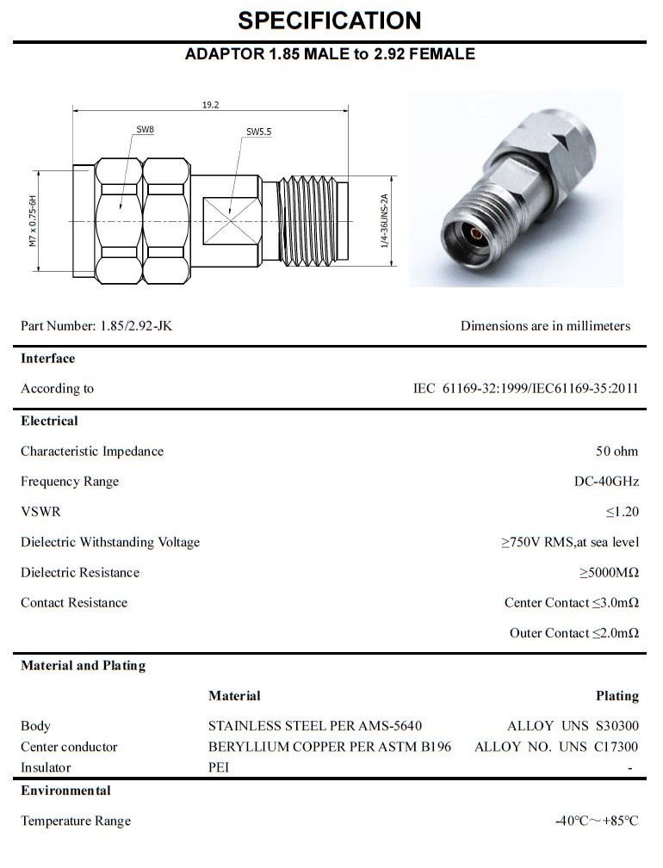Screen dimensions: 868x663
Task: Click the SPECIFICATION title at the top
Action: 330,21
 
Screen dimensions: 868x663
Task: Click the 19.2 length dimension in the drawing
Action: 210,105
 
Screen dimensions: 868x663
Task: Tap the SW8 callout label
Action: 145,130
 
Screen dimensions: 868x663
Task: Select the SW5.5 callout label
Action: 258,132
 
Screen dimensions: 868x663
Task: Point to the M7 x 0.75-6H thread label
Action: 34,222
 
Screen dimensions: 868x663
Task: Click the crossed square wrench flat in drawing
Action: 231,221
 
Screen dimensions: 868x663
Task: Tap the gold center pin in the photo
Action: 474,234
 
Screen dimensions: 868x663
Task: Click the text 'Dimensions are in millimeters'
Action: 545,326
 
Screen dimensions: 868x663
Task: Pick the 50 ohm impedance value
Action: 617,452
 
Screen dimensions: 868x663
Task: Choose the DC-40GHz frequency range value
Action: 606,482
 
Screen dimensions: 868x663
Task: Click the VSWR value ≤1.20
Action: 622,512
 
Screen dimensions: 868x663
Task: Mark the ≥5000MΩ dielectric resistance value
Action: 609,573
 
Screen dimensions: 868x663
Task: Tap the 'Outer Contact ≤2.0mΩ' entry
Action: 573,633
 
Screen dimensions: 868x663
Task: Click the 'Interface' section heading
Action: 48,359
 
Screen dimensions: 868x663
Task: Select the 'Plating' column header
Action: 617,696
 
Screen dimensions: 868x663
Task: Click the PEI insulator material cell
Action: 219,767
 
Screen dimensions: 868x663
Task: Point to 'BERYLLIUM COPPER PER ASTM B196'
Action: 329,747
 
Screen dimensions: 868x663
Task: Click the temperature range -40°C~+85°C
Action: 597,821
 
